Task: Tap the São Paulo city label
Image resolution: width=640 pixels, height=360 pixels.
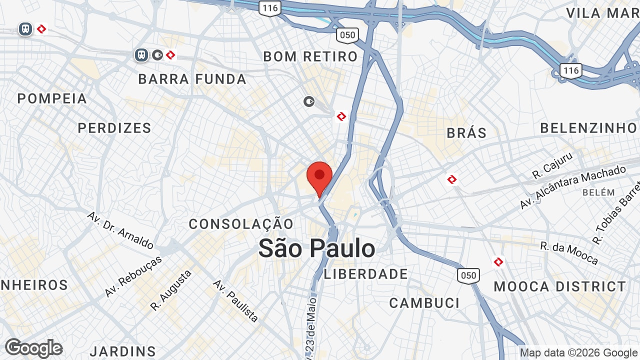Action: [x=316, y=248]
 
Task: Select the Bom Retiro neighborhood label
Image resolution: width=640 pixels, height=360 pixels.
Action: [x=310, y=56]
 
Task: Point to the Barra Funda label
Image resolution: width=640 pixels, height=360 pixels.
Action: [x=192, y=79]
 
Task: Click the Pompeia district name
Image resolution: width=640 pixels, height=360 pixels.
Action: [x=52, y=98]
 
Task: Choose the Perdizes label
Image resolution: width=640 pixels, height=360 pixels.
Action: [x=114, y=128]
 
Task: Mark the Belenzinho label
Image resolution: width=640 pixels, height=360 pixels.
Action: [x=588, y=128]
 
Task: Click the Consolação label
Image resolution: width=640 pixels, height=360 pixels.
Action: [x=241, y=224]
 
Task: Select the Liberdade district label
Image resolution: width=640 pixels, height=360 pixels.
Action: [x=366, y=274]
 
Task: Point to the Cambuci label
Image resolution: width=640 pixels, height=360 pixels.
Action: [x=424, y=303]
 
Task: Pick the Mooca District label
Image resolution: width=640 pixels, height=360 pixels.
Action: [x=560, y=286]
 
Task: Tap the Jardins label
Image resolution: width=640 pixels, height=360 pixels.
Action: [x=123, y=351]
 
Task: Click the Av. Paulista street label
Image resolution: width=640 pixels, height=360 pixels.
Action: [x=235, y=300]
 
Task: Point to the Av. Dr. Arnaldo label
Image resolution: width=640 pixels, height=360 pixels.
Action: [x=120, y=230]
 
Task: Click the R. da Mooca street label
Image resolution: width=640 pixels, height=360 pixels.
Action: [x=569, y=253]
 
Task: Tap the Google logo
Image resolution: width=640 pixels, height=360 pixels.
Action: [x=33, y=348]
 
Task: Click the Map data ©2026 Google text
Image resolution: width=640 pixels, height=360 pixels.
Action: [x=578, y=353]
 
